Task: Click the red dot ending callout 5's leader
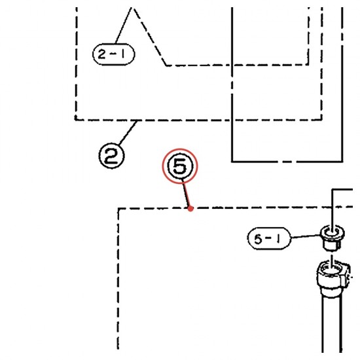pos(190,208)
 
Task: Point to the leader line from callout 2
pos(128,132)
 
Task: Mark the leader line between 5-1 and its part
pos(306,236)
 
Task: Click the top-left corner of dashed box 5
pos(118,209)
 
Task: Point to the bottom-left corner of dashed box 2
pos(76,120)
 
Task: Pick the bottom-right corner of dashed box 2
pos(321,119)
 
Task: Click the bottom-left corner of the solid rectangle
pos(232,162)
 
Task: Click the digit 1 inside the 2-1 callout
pos(123,54)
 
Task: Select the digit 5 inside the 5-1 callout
pos(258,239)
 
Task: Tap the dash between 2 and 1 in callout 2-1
pos(112,54)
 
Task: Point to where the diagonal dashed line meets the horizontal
pos(167,65)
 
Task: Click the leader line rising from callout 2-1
pos(123,26)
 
